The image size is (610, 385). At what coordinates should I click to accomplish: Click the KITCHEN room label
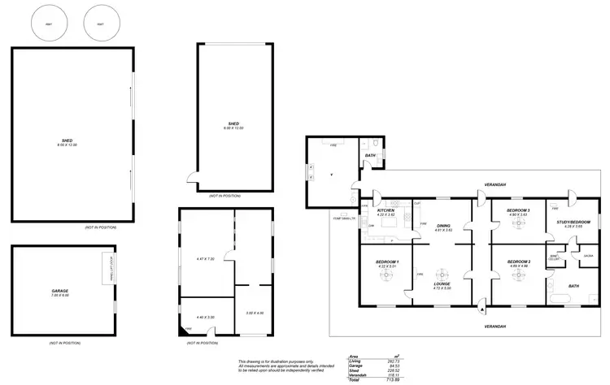pos(386,210)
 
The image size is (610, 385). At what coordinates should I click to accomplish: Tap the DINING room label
pos(443,226)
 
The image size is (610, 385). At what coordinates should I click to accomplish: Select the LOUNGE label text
pos(442,283)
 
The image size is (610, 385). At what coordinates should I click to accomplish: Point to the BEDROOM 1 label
pos(386,262)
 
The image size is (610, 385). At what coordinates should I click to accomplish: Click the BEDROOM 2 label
pos(518,262)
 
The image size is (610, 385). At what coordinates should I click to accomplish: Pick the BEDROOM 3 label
pos(518,210)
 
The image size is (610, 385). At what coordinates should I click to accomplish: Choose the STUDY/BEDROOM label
pos(567,222)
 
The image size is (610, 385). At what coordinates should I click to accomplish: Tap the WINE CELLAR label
pos(553,257)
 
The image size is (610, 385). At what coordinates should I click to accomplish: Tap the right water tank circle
pos(100,24)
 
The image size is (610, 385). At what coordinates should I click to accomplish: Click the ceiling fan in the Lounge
pos(442,274)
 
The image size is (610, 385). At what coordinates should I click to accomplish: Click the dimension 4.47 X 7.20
pos(205,258)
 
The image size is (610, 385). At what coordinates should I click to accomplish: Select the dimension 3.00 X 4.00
pos(255,312)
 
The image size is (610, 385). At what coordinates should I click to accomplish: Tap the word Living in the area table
pos(352,361)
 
